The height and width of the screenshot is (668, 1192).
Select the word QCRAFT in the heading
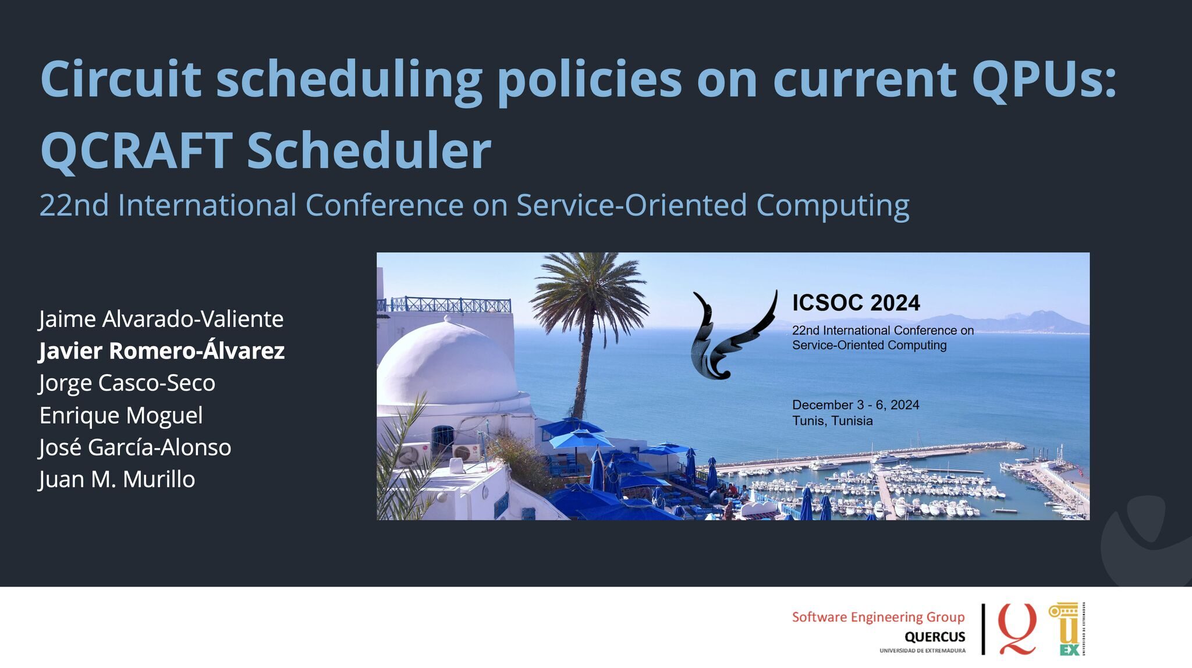tap(136, 150)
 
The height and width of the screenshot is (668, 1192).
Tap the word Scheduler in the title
tap(369, 150)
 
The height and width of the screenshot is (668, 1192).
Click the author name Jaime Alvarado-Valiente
tap(161, 319)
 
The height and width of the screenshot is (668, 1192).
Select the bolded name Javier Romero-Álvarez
tap(162, 351)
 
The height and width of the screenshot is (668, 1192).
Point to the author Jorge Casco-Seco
tap(127, 383)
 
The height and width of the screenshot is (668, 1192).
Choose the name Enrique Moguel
tap(121, 415)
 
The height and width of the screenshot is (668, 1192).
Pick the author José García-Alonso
tap(135, 447)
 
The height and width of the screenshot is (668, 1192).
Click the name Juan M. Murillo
tap(117, 479)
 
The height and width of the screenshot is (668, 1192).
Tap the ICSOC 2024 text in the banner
tap(856, 303)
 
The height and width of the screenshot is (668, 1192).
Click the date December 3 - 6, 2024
tap(856, 405)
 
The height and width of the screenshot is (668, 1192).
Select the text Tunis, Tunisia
tap(832, 421)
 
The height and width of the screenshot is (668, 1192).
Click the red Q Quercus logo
tap(1017, 628)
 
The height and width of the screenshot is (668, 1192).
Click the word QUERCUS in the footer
tap(935, 637)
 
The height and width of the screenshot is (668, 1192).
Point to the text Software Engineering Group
tap(878, 617)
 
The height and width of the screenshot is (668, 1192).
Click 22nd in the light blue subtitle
tap(74, 205)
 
